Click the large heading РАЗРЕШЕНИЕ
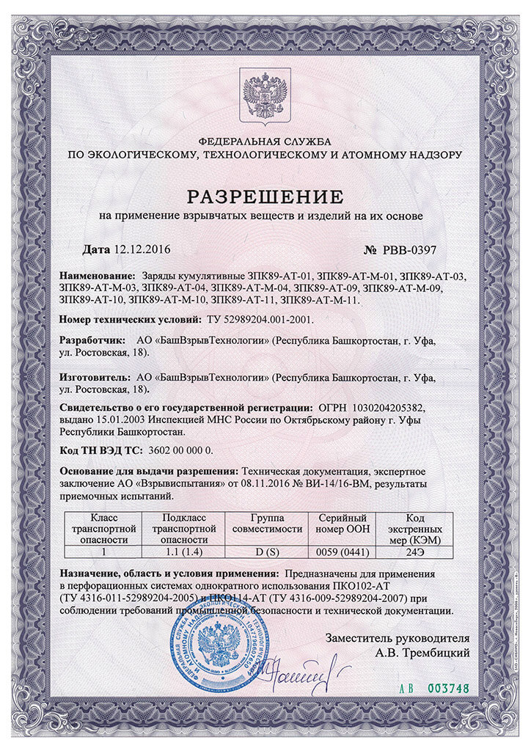(265, 196)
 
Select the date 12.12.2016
(142, 249)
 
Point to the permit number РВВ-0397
(409, 249)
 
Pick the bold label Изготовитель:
(95, 378)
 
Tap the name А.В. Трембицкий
(422, 651)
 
